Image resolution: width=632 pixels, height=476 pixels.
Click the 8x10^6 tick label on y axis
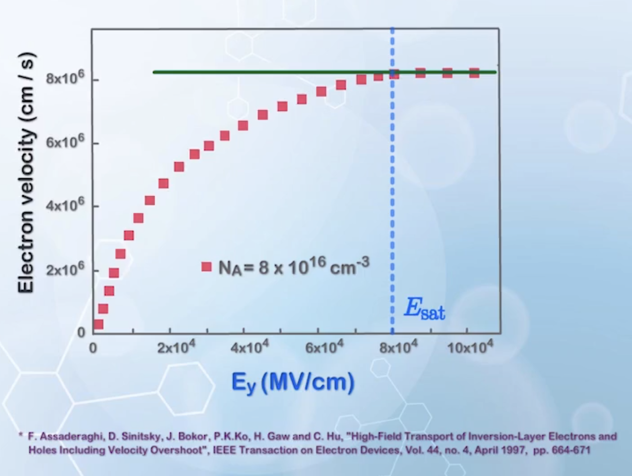click(x=65, y=78)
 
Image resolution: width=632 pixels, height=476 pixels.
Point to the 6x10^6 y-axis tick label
click(x=65, y=142)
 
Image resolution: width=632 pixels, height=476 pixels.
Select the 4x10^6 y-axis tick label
click(x=65, y=205)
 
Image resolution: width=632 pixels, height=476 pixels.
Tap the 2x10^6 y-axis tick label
click(x=65, y=269)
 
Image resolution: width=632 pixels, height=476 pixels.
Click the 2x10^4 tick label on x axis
click(x=176, y=347)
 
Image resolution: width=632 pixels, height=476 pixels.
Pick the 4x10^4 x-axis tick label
click(x=249, y=347)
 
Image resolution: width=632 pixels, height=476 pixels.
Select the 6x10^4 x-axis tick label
click(x=324, y=347)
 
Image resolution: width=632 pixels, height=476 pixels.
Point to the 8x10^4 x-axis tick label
click(x=398, y=347)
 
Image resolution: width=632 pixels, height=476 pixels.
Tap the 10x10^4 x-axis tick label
click(x=470, y=347)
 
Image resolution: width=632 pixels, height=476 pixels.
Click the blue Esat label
click(x=424, y=309)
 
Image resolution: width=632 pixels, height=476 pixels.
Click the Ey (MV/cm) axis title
click(x=293, y=383)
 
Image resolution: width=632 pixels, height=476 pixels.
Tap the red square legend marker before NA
click(x=207, y=266)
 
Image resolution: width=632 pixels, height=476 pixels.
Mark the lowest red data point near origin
click(x=98, y=324)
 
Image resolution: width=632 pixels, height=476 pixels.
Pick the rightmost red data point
click(x=474, y=73)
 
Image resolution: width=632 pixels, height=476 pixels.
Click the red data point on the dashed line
click(x=394, y=74)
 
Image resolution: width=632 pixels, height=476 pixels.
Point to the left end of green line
click(x=155, y=72)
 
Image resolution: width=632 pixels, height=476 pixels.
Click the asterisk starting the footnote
click(x=21, y=436)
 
